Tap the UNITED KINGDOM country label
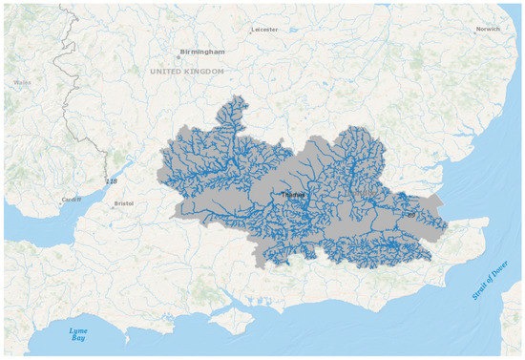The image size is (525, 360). (187, 72)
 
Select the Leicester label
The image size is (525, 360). (263, 30)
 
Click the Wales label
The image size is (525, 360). (23, 82)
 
